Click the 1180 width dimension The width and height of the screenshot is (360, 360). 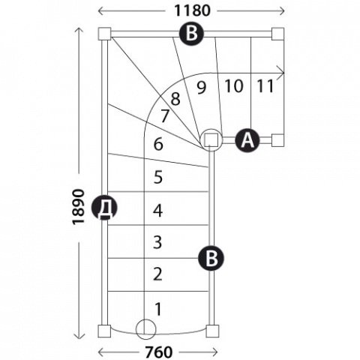192,10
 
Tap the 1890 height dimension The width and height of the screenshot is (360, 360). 78,207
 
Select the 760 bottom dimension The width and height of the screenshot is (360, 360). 159,352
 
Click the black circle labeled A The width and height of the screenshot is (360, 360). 247,140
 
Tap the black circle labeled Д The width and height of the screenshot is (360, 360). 104,207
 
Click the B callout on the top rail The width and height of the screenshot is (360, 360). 192,33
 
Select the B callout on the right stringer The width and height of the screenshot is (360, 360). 211,258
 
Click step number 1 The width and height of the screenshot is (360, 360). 158,309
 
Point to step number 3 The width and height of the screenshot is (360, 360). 157,242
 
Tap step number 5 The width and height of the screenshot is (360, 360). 158,177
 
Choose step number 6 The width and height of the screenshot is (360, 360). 158,144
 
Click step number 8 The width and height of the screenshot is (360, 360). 175,99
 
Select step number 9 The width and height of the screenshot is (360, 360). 202,88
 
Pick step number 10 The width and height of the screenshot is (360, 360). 234,86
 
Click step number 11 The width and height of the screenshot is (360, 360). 265,86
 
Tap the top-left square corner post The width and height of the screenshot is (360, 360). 104,34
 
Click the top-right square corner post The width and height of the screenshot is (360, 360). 277,34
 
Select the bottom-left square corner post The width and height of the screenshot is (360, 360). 104,331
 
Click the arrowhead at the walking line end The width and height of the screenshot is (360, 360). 281,73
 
